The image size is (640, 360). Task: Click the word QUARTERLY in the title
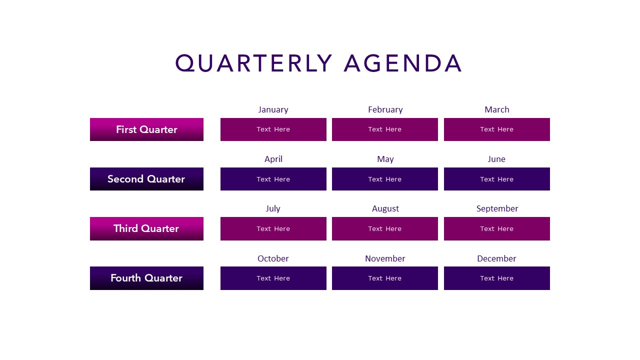click(253, 64)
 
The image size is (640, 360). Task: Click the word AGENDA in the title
click(403, 64)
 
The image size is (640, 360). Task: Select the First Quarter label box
click(146, 129)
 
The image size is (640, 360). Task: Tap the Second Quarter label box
click(146, 179)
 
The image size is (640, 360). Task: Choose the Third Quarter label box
click(146, 228)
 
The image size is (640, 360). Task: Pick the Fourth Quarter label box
click(146, 278)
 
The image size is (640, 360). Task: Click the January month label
click(273, 109)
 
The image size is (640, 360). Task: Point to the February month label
click(385, 109)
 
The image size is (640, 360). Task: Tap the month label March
click(496, 109)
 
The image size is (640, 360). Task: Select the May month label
click(385, 159)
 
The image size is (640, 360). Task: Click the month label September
click(497, 208)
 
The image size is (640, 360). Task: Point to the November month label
click(385, 258)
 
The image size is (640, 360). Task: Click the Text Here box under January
click(273, 129)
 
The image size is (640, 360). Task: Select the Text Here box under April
click(273, 179)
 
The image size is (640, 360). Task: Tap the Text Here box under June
click(496, 179)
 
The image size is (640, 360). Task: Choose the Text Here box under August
click(385, 228)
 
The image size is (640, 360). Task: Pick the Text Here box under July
click(273, 228)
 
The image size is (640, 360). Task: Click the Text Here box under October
click(273, 278)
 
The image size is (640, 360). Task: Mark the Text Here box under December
click(496, 278)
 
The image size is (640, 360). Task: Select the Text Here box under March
click(496, 129)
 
